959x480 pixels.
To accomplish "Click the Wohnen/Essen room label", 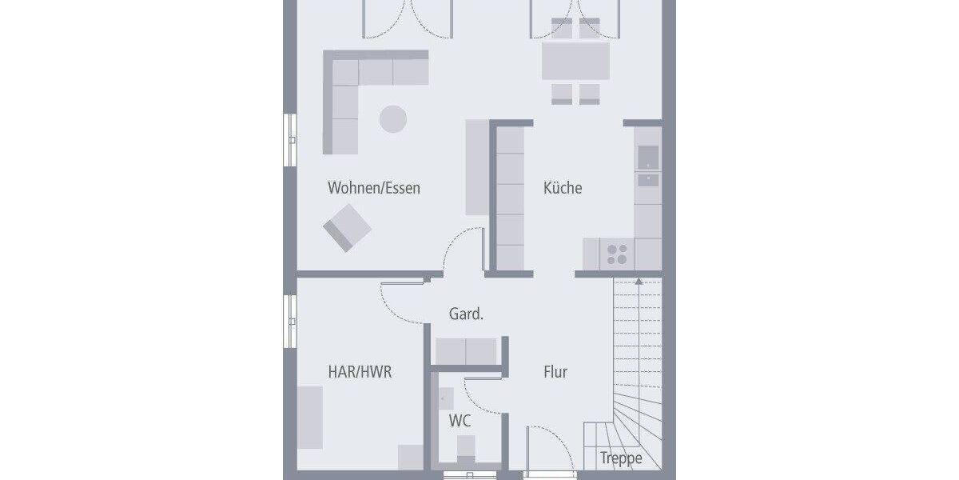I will point(373,189).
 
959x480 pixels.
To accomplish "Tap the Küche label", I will point(563,189).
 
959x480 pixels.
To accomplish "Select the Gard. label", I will point(466,315).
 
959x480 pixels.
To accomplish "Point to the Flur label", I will point(555,372).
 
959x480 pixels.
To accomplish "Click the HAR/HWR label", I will point(360,372).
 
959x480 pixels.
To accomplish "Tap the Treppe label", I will point(621,459).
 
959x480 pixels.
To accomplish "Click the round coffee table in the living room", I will point(392,119).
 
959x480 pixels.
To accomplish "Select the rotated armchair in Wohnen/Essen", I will point(347,227).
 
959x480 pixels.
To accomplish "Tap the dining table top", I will point(575,61).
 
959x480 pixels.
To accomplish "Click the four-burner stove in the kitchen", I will point(616,254).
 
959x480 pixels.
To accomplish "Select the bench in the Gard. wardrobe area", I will point(466,350).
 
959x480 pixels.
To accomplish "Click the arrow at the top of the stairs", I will point(638,281).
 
